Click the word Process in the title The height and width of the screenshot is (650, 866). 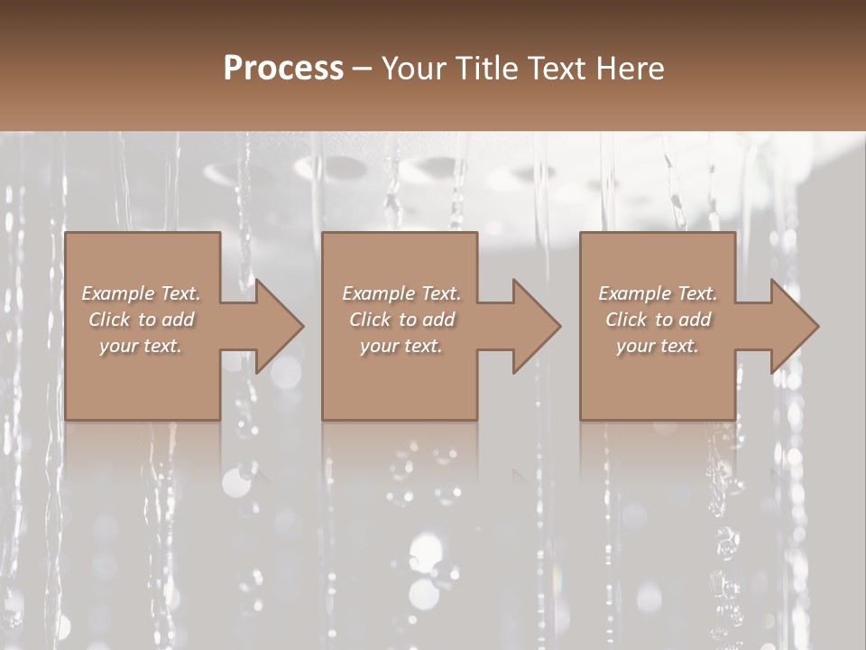(283, 69)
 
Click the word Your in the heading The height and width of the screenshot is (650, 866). (416, 69)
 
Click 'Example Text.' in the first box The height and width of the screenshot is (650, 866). (142, 293)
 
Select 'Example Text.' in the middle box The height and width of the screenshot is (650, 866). (401, 293)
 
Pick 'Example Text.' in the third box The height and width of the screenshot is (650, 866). (658, 293)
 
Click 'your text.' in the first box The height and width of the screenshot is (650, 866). (142, 346)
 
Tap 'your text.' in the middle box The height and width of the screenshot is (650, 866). (401, 346)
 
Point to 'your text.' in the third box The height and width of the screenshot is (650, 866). (658, 346)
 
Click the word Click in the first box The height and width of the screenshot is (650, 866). (110, 320)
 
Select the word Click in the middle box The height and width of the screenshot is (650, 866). (371, 320)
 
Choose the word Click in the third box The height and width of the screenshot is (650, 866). (627, 320)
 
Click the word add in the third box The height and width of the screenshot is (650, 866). (696, 320)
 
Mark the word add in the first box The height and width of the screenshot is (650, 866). (179, 320)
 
